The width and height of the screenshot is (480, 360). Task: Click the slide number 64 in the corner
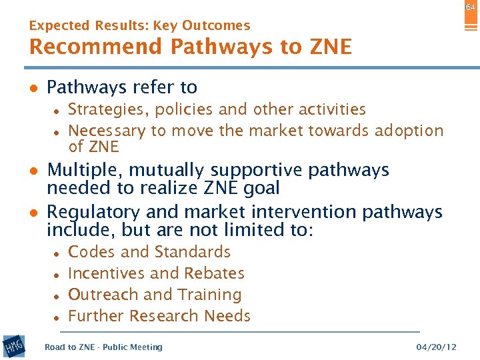click(x=470, y=7)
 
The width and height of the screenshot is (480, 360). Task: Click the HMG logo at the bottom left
click(x=13, y=346)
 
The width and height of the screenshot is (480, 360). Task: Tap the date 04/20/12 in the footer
click(x=436, y=347)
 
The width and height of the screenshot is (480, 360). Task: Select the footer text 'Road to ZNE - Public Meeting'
click(x=103, y=347)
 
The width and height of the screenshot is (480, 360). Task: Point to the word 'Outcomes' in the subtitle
click(x=219, y=26)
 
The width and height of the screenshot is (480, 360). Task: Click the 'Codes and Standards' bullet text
click(x=149, y=252)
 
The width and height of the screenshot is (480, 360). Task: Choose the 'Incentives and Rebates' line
click(x=156, y=273)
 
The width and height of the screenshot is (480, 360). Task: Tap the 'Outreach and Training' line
click(x=155, y=295)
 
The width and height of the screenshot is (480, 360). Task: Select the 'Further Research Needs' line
click(x=159, y=316)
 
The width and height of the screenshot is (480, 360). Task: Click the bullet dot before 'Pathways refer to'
click(x=33, y=88)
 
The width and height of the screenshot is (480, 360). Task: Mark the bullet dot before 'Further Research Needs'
click(x=59, y=317)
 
